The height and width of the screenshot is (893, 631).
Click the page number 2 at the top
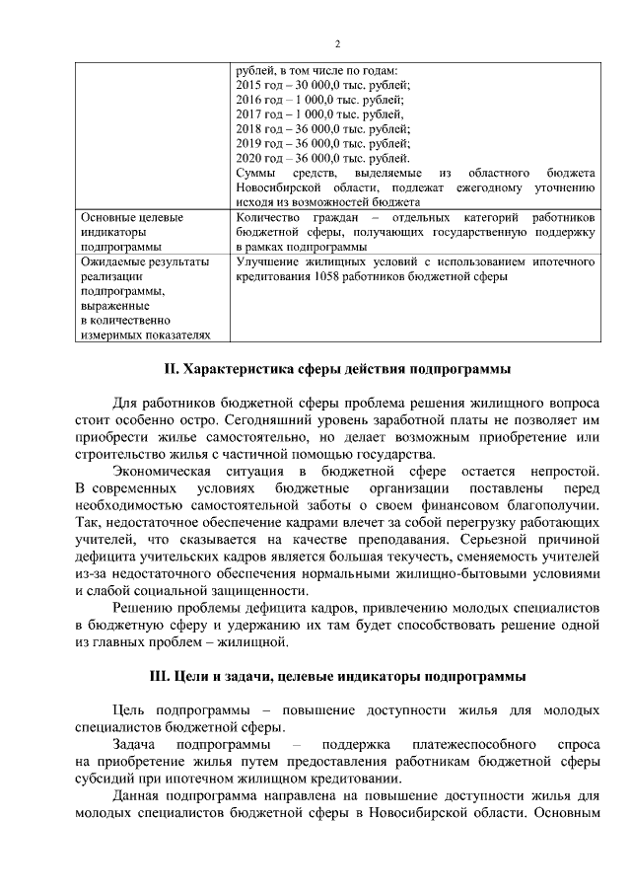click(x=337, y=43)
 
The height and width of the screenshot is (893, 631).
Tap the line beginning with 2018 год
click(x=323, y=128)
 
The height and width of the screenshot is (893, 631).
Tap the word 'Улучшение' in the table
click(x=270, y=261)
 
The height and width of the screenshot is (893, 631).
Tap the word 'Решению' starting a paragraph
click(x=142, y=608)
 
